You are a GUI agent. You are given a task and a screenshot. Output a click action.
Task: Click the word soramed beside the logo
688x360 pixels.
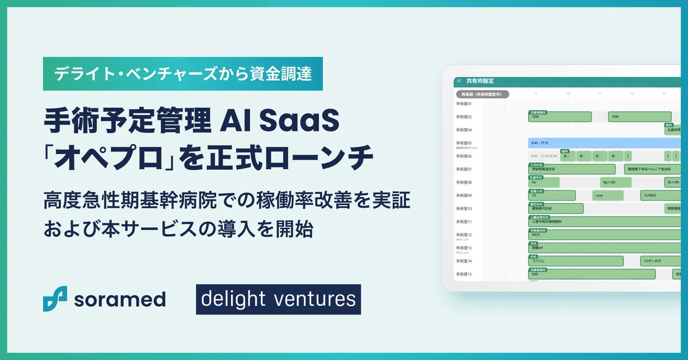(x=119, y=299)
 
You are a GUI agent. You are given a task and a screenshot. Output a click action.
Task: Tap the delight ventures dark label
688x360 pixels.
(x=278, y=299)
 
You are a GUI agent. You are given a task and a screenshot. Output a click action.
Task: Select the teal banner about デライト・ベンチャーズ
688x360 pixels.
(x=183, y=74)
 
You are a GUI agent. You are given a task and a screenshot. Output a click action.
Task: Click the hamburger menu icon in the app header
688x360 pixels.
(x=459, y=81)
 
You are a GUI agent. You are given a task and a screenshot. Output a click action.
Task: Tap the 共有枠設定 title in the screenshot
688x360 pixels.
(x=480, y=81)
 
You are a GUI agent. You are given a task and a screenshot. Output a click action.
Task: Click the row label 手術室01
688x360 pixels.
(x=463, y=104)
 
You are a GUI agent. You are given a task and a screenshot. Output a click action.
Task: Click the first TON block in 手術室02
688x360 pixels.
(x=559, y=117)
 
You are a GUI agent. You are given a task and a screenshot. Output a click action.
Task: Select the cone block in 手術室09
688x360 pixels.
(x=608, y=195)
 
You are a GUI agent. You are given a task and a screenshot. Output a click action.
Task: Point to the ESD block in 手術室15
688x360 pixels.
(x=591, y=274)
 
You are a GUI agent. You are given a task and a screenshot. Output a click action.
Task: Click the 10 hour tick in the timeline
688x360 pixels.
(x=568, y=93)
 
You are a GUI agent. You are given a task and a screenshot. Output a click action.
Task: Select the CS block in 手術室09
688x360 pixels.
(x=551, y=195)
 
